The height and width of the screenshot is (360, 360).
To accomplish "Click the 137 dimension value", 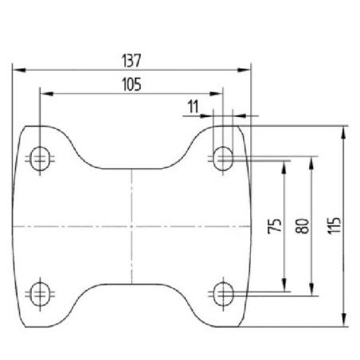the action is click(131, 61).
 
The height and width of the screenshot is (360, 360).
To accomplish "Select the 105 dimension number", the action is click(131, 84).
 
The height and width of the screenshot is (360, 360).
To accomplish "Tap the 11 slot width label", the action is click(193, 107).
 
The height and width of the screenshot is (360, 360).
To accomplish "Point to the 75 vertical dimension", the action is click(275, 226).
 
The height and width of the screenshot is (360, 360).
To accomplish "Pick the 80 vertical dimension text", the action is click(303, 226).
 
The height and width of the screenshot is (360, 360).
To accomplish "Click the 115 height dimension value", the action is click(334, 225).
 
